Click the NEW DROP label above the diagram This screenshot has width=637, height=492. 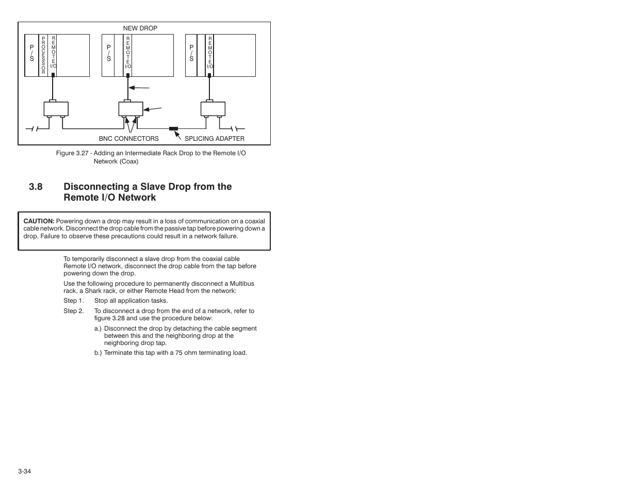[140, 28]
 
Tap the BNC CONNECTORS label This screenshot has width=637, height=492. [129, 139]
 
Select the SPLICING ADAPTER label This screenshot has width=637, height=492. [215, 139]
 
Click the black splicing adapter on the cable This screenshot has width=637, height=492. [174, 128]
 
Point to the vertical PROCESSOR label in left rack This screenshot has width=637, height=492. [43, 56]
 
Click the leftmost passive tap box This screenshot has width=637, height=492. [56, 109]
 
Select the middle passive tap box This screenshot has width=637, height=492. [130, 109]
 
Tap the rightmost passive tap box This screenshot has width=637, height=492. [213, 109]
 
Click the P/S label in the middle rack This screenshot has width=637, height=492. [109, 53]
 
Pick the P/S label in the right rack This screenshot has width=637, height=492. [191, 53]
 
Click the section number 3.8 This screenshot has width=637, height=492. [36, 187]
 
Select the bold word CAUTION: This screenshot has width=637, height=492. [39, 221]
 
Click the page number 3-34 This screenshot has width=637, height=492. [25, 471]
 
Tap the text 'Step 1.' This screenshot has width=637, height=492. [73, 301]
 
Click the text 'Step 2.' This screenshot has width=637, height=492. [73, 311]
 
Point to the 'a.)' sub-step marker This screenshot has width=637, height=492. [97, 329]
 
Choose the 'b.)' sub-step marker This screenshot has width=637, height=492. [98, 353]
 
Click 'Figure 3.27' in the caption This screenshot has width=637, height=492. [72, 154]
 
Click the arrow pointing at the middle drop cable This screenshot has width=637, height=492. [139, 88]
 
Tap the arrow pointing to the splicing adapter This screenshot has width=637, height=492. [178, 136]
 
